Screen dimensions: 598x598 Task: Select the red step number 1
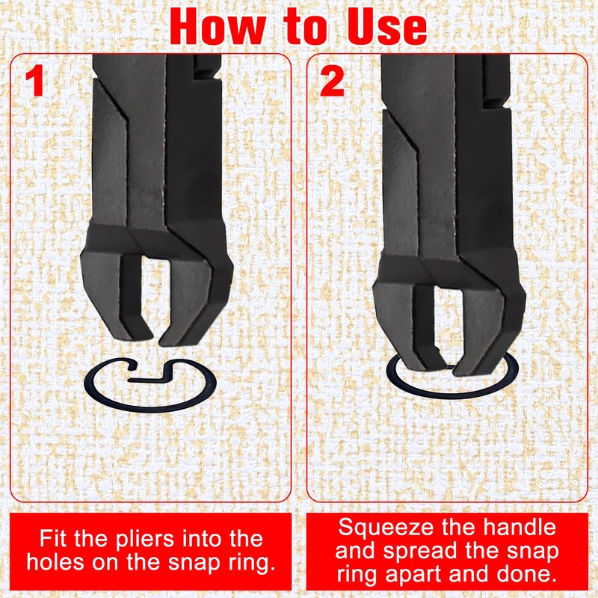click(35, 82)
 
